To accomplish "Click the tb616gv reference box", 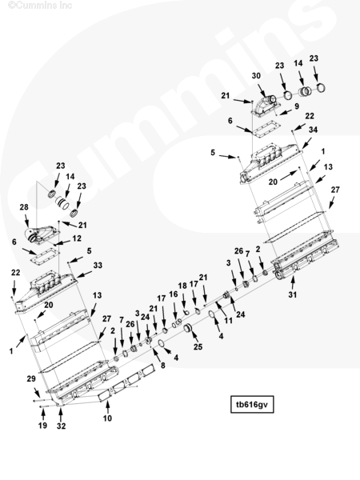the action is click(x=252, y=404).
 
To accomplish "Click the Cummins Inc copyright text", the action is click(x=40, y=5).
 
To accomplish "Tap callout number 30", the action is click(x=256, y=76).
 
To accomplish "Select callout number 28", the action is click(x=24, y=207).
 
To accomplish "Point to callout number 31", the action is click(x=293, y=294).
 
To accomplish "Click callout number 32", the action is click(x=61, y=426).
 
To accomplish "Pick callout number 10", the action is click(x=107, y=418).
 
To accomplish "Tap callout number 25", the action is click(x=198, y=347).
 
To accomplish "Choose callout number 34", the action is click(x=313, y=130).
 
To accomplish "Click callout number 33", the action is click(x=98, y=265).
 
